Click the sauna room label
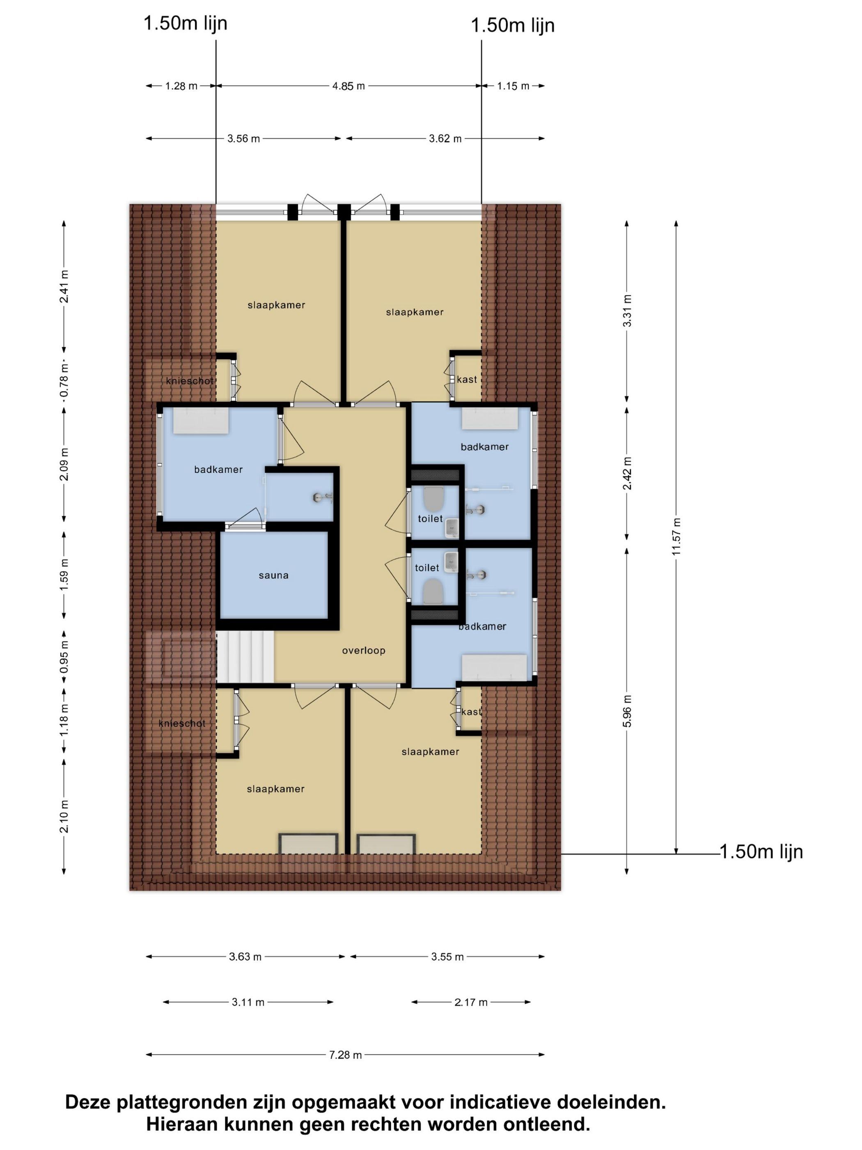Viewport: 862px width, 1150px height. (x=273, y=575)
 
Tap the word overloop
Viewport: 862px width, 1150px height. (x=364, y=651)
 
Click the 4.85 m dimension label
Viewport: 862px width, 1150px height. (x=348, y=86)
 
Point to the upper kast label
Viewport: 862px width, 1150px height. (x=467, y=379)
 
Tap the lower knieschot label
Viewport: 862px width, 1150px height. (x=182, y=723)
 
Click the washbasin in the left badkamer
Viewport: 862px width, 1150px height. (x=201, y=420)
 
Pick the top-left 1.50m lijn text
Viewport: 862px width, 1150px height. (x=186, y=23)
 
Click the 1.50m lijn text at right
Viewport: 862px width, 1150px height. (x=761, y=851)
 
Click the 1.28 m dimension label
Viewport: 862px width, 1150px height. (x=181, y=86)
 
